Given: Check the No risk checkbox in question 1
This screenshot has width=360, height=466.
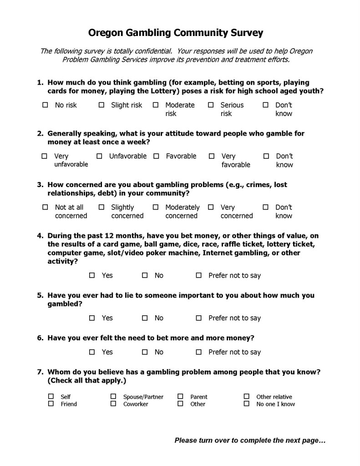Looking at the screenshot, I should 45,105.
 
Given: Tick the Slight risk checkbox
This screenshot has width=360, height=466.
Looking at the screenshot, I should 101,105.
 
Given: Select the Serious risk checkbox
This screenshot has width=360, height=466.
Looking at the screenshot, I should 211,105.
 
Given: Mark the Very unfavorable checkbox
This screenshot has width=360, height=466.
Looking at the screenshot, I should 45,156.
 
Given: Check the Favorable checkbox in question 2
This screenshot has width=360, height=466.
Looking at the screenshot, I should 156,156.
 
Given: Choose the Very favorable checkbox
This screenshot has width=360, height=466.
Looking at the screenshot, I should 212,156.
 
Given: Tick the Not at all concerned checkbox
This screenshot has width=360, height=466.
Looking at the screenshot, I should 45,207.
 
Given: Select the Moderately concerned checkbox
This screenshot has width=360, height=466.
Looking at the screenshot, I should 156,207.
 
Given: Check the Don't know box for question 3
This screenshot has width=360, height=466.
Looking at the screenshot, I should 266,207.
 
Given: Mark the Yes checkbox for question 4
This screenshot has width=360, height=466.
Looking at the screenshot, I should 92,275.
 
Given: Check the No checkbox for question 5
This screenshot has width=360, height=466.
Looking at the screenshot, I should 145,318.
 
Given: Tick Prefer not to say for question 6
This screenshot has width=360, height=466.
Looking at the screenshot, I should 198,352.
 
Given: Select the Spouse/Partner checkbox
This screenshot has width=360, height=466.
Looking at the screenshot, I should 113,396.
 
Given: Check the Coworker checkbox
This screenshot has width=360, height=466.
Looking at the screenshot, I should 113,404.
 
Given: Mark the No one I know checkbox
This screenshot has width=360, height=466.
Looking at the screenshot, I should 246,404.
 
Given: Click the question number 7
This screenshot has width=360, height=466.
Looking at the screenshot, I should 40,372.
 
